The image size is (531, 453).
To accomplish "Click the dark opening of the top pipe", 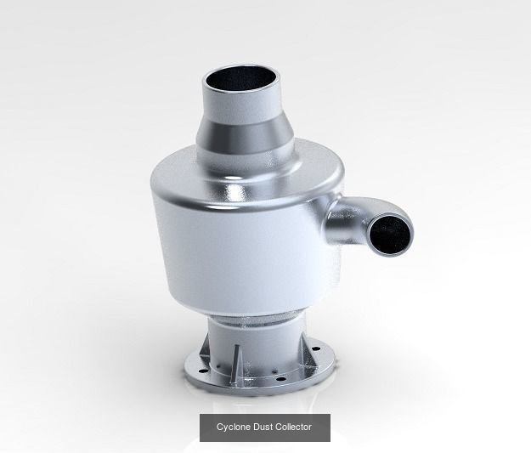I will pyautogui.click(x=244, y=85).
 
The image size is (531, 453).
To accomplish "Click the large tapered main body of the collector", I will pyautogui.click(x=238, y=246).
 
